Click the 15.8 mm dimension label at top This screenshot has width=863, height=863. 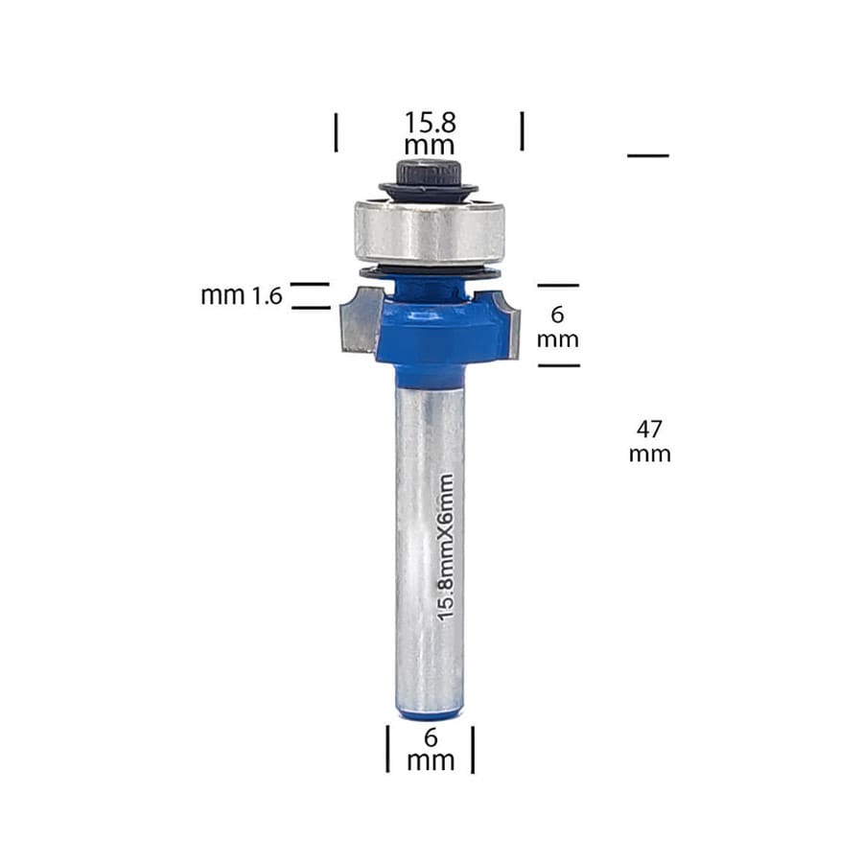click(x=430, y=133)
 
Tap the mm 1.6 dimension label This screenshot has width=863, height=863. click(x=241, y=296)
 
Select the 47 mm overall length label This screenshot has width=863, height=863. click(x=649, y=441)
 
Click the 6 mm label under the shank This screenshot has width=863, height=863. click(x=431, y=749)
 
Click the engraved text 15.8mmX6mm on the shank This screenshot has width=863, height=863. click(x=446, y=548)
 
